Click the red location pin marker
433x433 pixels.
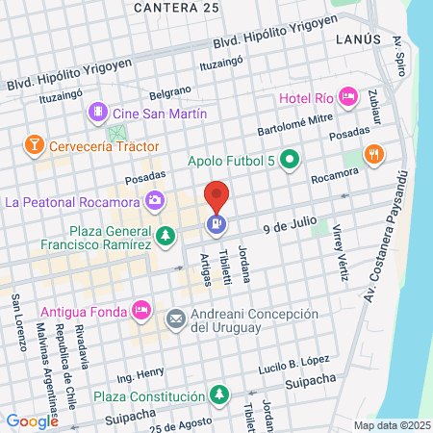(217, 197)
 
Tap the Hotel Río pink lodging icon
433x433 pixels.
(348, 96)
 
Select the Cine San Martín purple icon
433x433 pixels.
(97, 115)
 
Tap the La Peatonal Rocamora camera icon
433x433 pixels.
(154, 201)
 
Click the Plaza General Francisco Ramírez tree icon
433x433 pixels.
(166, 235)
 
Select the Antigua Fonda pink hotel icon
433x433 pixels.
(140, 309)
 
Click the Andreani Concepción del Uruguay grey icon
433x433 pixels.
(176, 318)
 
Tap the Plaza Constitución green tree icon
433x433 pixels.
(219, 395)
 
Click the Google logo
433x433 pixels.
(32, 420)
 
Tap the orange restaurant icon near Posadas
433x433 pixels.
(374, 154)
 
